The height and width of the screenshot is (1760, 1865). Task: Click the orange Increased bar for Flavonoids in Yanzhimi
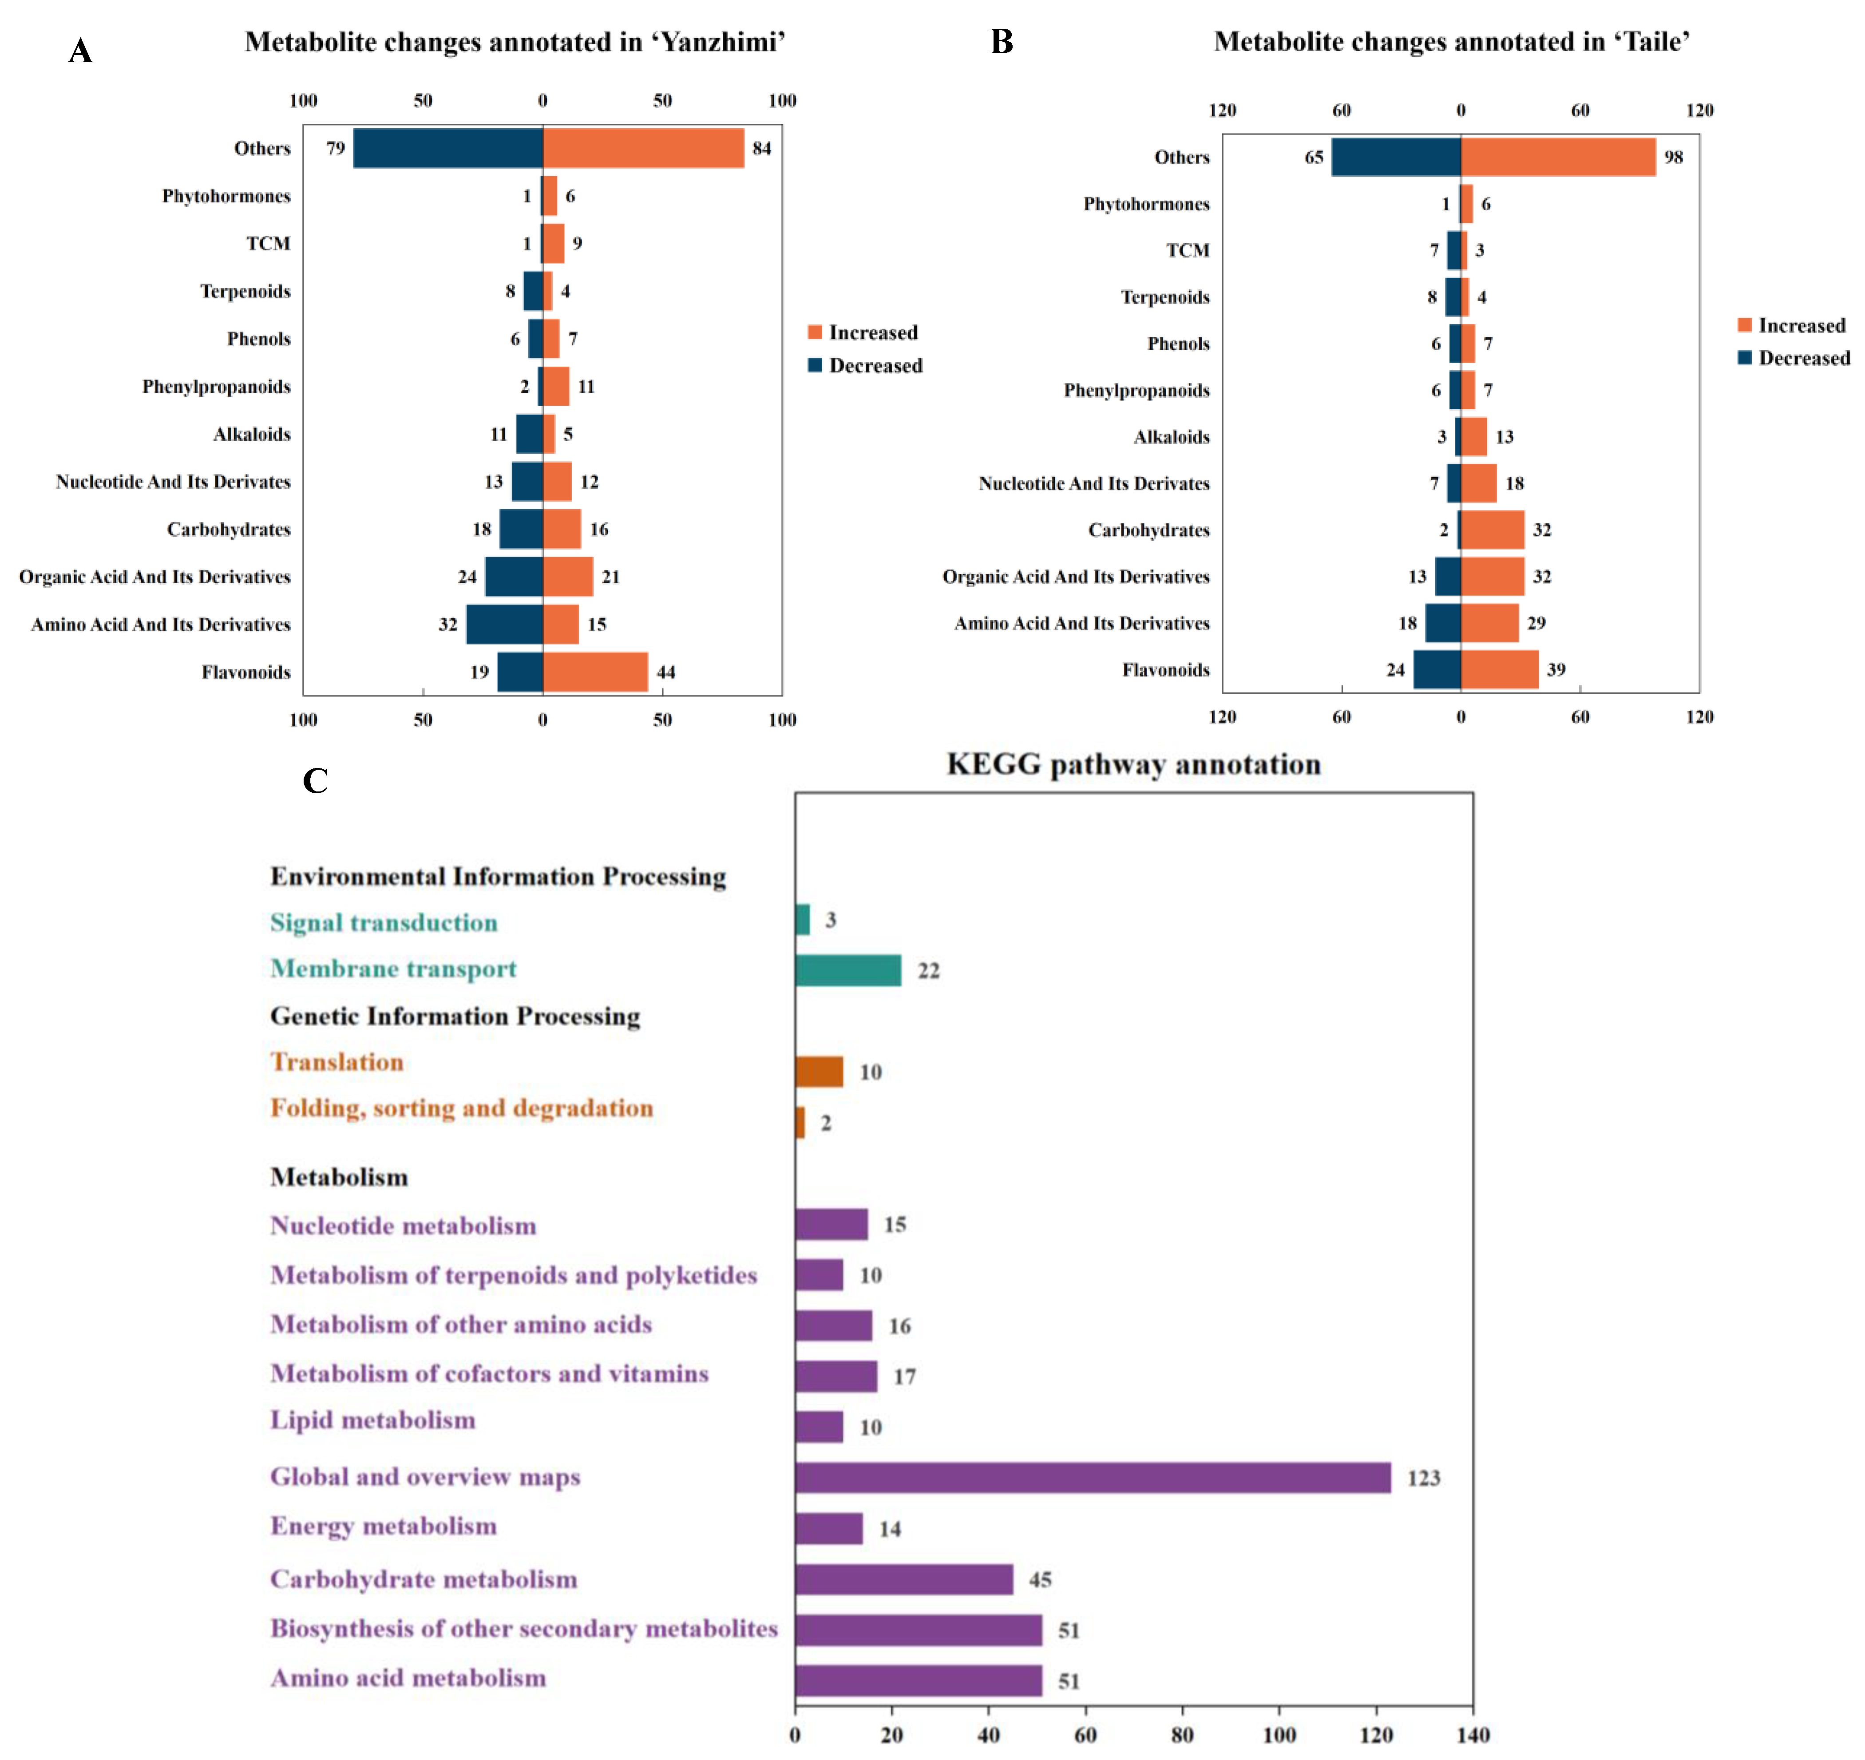click(595, 672)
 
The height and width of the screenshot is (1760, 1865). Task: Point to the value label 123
click(1423, 1479)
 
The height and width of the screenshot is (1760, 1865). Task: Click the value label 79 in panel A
click(335, 148)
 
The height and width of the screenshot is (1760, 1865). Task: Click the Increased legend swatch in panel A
click(814, 332)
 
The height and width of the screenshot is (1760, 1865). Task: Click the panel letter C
click(315, 780)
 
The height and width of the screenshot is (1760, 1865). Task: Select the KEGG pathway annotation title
click(1133, 765)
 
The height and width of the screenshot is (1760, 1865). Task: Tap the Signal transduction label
click(384, 922)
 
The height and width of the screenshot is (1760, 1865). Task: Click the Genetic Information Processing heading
click(455, 1016)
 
